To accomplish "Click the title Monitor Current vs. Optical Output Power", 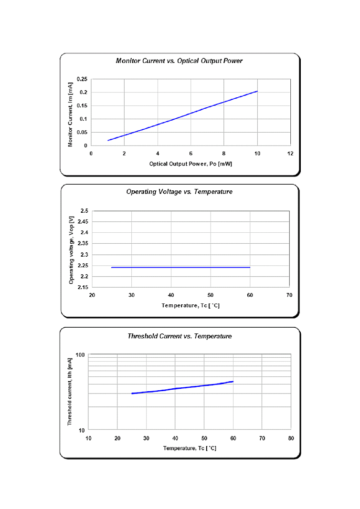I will click(179, 61).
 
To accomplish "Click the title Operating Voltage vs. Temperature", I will click(179, 192).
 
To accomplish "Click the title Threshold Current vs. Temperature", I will click(180, 336).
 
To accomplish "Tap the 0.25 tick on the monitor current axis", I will click(82, 79).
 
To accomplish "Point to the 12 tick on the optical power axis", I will click(290, 153).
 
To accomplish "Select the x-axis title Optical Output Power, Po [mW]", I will click(191, 164).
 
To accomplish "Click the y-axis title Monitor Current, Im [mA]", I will click(70, 114).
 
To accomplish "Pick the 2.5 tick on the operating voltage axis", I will click(84, 211).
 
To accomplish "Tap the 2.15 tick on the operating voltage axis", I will click(83, 288).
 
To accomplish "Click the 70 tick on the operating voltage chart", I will click(289, 295).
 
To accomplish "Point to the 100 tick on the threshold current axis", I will click(80, 355).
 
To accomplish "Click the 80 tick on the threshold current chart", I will click(291, 438).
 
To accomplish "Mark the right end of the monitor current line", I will click(257, 91).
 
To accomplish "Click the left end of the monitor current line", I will click(108, 140).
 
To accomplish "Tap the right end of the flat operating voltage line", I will click(250, 268).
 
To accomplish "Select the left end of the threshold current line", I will click(132, 394).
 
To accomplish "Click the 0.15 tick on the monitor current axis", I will click(82, 106).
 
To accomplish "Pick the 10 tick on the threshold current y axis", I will click(81, 430).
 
